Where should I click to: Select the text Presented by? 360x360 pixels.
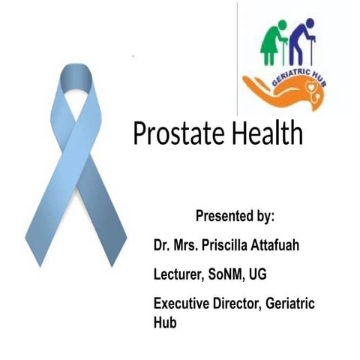[235, 217]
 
